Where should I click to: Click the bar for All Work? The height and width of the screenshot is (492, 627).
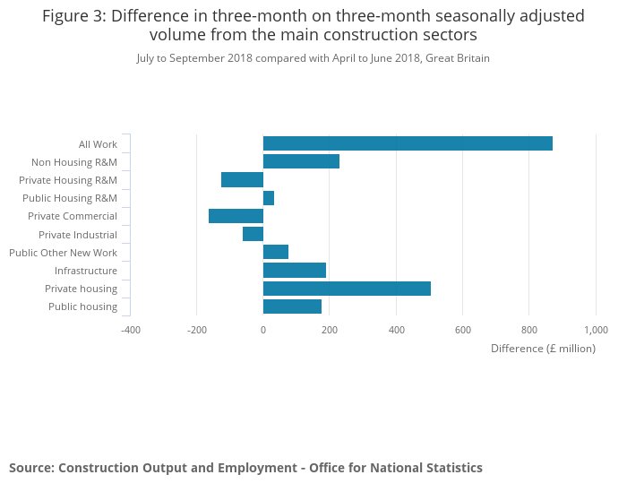(x=408, y=143)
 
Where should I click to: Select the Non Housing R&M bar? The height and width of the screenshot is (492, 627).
(x=301, y=161)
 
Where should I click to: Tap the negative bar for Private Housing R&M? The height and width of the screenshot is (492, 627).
(x=242, y=179)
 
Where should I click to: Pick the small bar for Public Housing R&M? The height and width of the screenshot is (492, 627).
(x=269, y=198)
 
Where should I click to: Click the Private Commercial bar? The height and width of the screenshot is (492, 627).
(x=236, y=216)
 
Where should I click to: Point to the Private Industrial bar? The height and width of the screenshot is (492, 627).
(x=253, y=234)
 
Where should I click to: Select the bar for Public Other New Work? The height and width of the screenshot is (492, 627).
(x=276, y=252)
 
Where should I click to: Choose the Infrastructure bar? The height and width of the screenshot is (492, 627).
(x=295, y=271)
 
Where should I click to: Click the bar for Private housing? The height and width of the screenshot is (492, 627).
(x=347, y=289)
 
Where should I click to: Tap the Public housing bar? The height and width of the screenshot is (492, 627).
(x=292, y=306)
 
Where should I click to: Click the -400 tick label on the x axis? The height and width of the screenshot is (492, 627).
(x=131, y=330)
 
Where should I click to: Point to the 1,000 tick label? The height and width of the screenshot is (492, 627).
(x=596, y=330)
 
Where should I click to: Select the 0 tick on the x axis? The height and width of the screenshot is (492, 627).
(x=263, y=330)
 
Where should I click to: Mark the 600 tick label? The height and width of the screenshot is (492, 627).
(x=463, y=330)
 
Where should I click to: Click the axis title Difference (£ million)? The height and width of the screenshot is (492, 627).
(x=543, y=349)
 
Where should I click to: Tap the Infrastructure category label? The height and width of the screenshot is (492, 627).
(x=85, y=271)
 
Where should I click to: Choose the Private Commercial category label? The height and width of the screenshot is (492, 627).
(x=72, y=216)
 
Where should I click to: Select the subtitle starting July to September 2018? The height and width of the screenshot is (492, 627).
(x=313, y=58)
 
